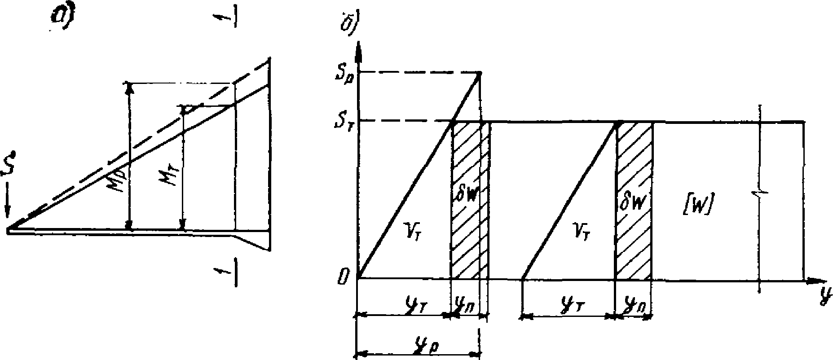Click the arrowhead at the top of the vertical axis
[x=358, y=49]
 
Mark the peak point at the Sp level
[x=479, y=73]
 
